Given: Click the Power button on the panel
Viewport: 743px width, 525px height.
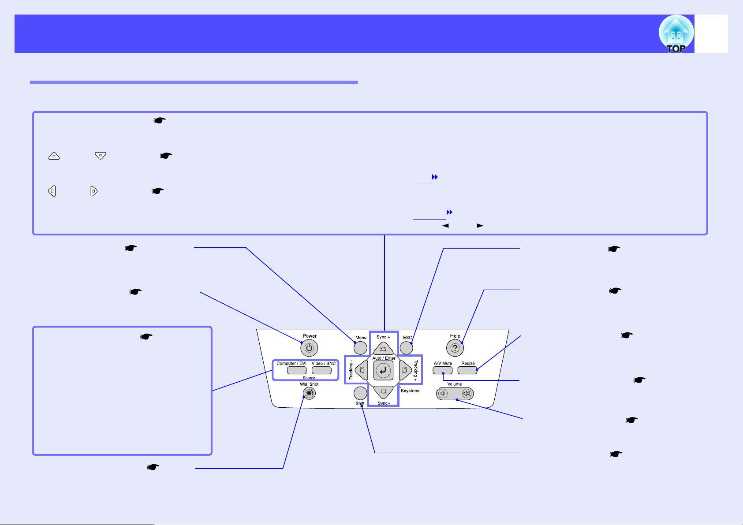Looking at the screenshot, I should [x=309, y=348].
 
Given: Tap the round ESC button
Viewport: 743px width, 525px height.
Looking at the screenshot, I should [x=406, y=348].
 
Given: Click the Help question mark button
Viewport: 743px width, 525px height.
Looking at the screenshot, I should [x=455, y=348].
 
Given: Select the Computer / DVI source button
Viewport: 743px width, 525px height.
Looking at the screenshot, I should [x=297, y=370].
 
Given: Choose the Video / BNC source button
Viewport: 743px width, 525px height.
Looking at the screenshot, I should [x=321, y=370].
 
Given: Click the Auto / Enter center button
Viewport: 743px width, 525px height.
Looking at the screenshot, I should [x=383, y=371].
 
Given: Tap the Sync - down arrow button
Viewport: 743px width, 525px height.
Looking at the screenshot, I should [x=383, y=391].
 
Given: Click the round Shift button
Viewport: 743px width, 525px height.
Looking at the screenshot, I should [x=360, y=393].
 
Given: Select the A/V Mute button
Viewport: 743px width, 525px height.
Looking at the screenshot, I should [x=443, y=370].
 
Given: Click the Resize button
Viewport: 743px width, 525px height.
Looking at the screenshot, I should [x=467, y=370].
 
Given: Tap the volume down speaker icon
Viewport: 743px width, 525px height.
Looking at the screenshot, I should [x=444, y=394].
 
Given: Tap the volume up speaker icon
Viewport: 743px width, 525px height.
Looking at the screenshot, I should [x=466, y=394].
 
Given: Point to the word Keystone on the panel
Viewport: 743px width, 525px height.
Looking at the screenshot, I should [x=410, y=391].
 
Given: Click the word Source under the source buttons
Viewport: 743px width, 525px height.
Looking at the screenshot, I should [x=309, y=378].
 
